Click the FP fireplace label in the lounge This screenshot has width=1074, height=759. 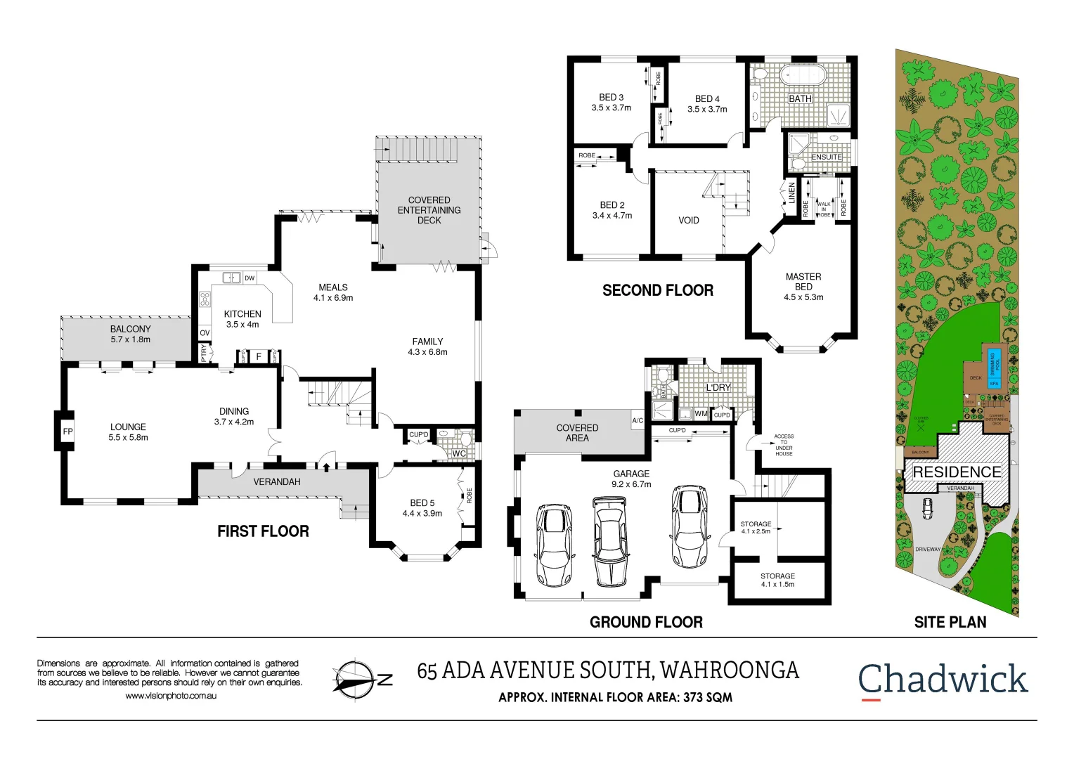(67, 432)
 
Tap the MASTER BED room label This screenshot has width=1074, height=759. (803, 287)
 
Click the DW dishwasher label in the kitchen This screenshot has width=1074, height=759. (250, 278)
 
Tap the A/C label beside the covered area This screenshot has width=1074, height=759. (638, 421)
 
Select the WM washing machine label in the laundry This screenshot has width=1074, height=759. (701, 414)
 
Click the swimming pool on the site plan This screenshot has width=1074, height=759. (994, 363)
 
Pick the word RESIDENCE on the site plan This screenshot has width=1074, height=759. (957, 472)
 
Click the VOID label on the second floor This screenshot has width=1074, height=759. (689, 220)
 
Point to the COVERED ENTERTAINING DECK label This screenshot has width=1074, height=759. (429, 210)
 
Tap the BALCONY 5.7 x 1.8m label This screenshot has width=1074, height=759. (130, 334)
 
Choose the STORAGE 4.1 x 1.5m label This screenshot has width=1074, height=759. (777, 580)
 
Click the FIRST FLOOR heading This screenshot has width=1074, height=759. (263, 531)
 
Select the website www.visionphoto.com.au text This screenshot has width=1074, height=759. (170, 696)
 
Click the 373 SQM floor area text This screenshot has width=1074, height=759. (707, 697)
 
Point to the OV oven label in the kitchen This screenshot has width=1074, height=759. (205, 333)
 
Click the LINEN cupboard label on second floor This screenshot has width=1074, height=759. (791, 193)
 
